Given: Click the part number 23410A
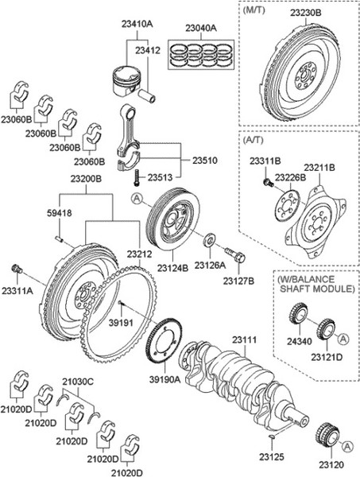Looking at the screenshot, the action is point(137,24).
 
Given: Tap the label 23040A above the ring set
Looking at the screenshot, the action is point(201,28).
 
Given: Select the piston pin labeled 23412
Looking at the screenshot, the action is point(147,95).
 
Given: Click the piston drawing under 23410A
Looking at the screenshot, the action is point(127,79).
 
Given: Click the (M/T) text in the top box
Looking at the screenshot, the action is point(254,10).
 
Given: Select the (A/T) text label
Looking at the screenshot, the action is point(254,140).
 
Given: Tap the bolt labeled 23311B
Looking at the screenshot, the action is point(268,183).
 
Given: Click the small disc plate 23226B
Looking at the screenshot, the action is point(287,205).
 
